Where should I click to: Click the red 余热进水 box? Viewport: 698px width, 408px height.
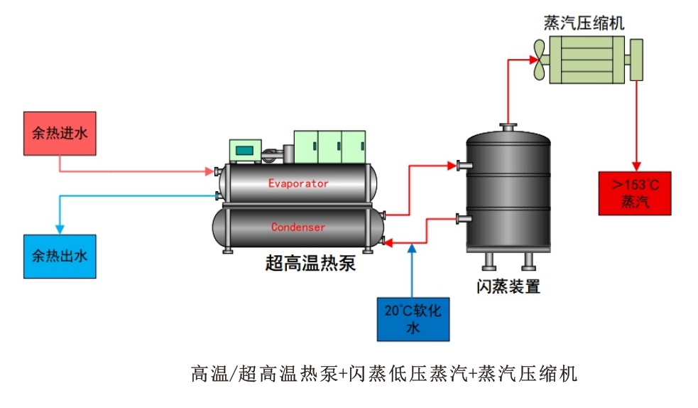[x=60, y=133]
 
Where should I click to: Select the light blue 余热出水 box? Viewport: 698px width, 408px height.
[x=60, y=256]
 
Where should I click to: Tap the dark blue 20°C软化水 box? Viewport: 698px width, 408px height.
[x=413, y=318]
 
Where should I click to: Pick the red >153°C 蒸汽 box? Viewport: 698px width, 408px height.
[x=635, y=193]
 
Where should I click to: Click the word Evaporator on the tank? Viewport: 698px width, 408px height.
[x=298, y=183]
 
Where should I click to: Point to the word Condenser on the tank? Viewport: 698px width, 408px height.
[x=298, y=227]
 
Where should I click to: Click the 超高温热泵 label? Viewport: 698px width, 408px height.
[x=310, y=264]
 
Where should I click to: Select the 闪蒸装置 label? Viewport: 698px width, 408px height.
[x=508, y=286]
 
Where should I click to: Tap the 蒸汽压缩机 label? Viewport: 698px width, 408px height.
[x=584, y=23]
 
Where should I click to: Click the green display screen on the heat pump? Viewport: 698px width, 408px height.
[x=246, y=150]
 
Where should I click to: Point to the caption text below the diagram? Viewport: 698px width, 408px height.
[x=383, y=372]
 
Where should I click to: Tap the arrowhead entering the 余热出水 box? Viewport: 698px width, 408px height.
[x=60, y=229]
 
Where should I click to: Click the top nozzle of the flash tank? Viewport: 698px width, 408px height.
[x=508, y=128]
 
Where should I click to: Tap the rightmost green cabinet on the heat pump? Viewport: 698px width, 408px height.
[x=353, y=146]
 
